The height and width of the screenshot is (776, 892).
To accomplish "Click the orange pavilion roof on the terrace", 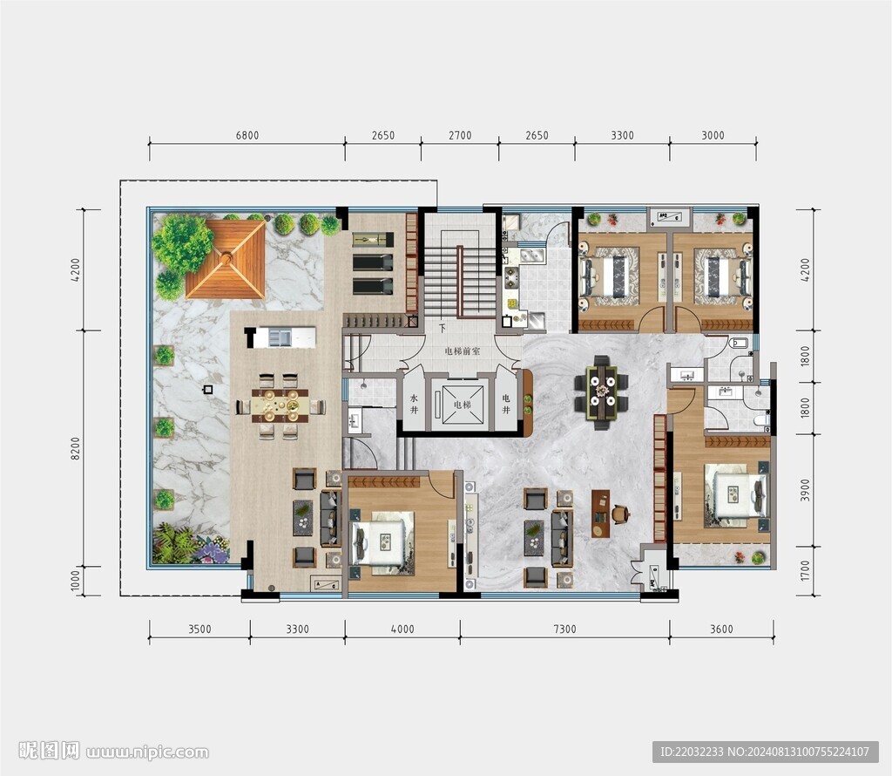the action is click(x=226, y=259).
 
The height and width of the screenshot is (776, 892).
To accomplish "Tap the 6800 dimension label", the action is click(x=247, y=135).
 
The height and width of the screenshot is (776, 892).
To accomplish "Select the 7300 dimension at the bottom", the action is click(x=564, y=630).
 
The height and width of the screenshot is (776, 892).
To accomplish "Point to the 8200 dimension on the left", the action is click(x=76, y=449).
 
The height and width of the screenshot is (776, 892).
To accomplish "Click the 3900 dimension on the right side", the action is click(x=804, y=490).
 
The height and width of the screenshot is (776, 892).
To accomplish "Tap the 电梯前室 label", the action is click(x=462, y=351).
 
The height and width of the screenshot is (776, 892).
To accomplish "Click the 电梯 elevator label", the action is click(x=462, y=405).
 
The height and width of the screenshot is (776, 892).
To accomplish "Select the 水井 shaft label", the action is click(x=414, y=405).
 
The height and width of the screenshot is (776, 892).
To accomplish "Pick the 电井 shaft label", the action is click(x=506, y=404).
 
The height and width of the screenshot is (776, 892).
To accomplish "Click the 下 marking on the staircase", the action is click(x=442, y=329).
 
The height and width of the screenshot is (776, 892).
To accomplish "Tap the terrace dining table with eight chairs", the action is click(x=280, y=405).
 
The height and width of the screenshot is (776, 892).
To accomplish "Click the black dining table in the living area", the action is click(x=601, y=392).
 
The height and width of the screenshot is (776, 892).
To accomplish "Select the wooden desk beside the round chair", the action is click(x=600, y=514).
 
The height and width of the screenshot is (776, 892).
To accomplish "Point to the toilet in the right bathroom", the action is click(x=761, y=420).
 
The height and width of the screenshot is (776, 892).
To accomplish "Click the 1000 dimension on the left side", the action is click(x=76, y=582).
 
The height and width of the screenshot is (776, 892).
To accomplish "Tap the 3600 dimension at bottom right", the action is click(x=721, y=630).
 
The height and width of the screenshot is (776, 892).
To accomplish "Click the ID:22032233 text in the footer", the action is click(x=691, y=752).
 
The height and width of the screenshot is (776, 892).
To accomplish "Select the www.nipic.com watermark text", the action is click(x=147, y=752).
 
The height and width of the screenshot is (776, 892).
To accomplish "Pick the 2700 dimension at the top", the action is click(x=460, y=135).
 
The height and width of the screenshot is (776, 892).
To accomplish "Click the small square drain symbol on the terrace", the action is click(x=208, y=390).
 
